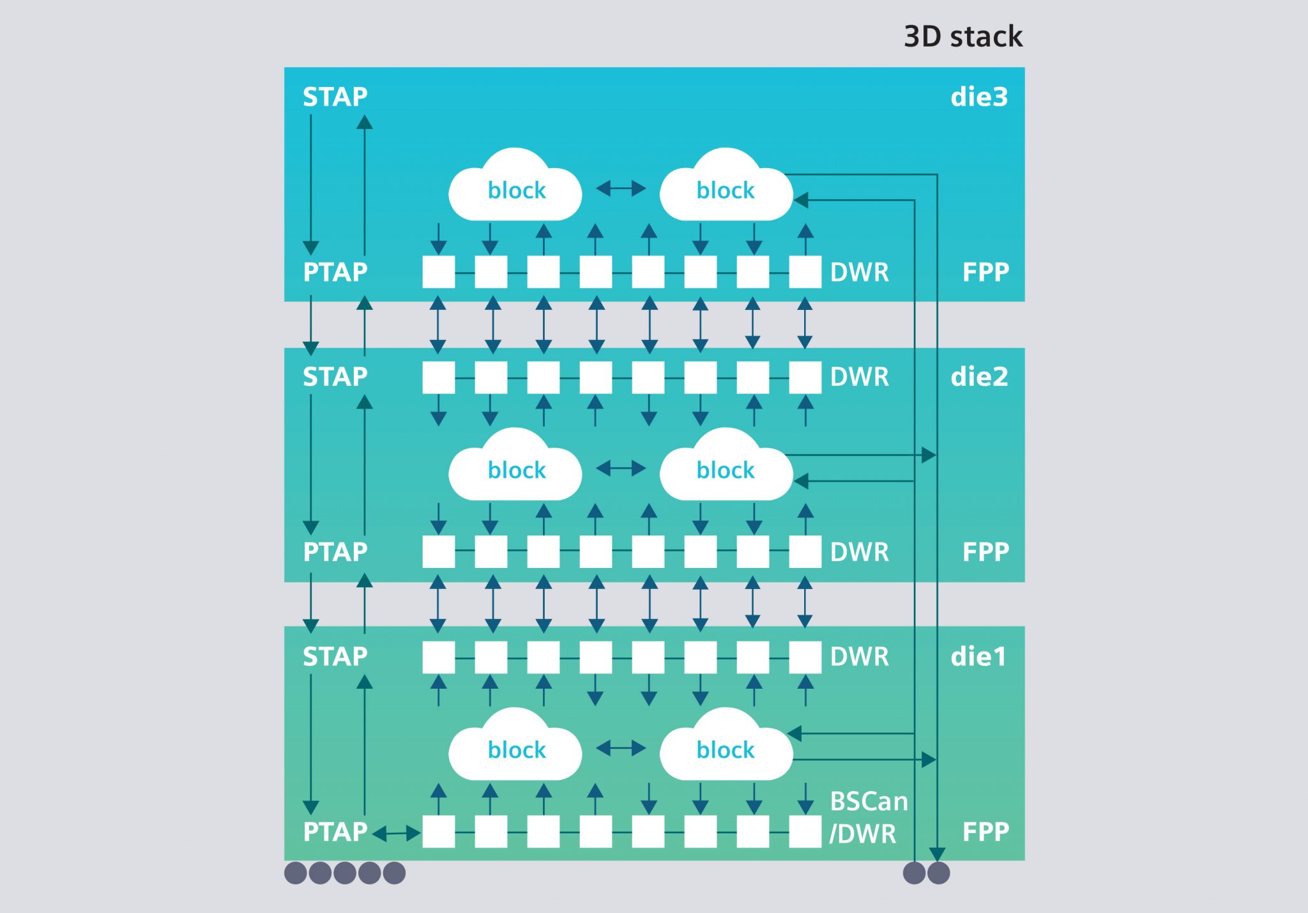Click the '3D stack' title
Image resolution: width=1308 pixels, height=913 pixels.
click(962, 36)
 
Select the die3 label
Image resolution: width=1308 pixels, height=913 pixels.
click(978, 97)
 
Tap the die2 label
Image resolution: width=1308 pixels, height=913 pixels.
click(978, 377)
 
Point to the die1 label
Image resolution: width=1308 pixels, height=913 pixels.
click(978, 657)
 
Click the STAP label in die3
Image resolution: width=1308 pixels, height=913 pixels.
click(335, 97)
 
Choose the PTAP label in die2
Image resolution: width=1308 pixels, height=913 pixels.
click(335, 552)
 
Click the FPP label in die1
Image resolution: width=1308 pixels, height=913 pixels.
click(985, 832)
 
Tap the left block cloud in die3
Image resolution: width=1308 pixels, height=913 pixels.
click(515, 188)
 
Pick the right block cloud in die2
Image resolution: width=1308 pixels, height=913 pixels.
click(726, 468)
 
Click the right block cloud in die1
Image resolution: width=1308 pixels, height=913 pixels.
click(726, 748)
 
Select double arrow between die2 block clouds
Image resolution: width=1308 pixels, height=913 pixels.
click(621, 468)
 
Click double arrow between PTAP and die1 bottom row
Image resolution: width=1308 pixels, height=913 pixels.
click(396, 833)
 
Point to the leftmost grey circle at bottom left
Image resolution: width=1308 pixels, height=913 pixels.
click(295, 873)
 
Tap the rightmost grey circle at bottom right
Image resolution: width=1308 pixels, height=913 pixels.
click(938, 873)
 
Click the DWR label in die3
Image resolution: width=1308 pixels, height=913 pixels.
click(859, 273)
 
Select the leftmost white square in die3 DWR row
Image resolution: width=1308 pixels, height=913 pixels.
click(439, 272)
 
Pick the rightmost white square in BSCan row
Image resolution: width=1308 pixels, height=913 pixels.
click(805, 832)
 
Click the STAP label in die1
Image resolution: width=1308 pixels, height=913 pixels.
click(335, 657)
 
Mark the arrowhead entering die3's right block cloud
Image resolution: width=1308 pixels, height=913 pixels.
click(801, 200)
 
